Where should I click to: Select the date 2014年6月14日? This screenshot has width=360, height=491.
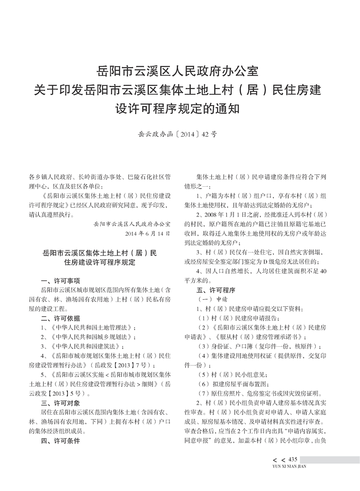(x=147, y=233)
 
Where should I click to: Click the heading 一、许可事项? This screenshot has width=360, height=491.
(x=60, y=281)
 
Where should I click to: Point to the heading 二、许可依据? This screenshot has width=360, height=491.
(x=60, y=319)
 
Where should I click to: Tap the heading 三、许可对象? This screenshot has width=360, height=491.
(x=60, y=403)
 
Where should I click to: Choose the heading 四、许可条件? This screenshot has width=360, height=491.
(x=60, y=441)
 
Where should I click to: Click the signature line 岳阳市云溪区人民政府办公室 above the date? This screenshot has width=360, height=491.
(x=132, y=224)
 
